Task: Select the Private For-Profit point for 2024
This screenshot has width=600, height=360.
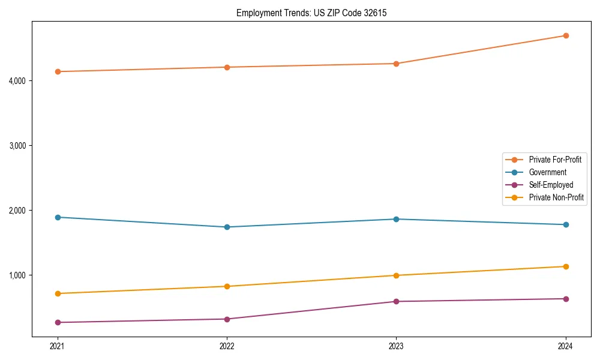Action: (566, 35)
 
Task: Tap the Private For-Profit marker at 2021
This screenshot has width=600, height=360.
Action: (58, 71)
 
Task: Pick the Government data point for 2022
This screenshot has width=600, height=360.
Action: (227, 227)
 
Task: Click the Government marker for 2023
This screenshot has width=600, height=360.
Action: (396, 219)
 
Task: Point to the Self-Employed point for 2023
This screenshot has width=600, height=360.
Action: (396, 301)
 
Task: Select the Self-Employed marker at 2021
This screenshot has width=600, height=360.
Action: (58, 322)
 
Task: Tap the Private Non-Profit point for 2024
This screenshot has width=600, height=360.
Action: (566, 266)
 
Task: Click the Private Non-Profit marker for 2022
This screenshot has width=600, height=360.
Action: (227, 286)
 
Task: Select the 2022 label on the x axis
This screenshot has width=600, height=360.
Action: (227, 346)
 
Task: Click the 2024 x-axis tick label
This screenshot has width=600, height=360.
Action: (566, 346)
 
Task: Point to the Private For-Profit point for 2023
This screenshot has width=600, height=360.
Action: (396, 64)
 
